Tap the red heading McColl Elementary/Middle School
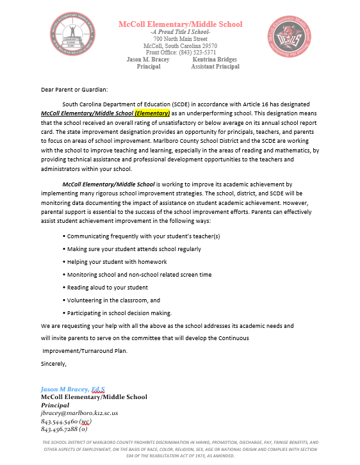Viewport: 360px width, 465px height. click(180, 24)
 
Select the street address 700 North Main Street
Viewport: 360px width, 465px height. click(180, 39)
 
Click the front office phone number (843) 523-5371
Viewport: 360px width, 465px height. click(180, 53)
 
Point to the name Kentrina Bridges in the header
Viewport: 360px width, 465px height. click(215, 60)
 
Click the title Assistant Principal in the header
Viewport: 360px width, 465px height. click(215, 67)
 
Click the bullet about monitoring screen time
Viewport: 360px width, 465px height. click(139, 274)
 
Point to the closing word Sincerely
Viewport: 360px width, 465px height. click(54, 364)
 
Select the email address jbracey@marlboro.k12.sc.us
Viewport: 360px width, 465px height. click(79, 413)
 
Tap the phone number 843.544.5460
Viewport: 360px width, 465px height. click(61, 421)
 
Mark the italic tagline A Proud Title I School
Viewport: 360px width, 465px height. click(180, 32)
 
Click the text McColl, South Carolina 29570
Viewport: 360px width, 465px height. click(180, 46)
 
